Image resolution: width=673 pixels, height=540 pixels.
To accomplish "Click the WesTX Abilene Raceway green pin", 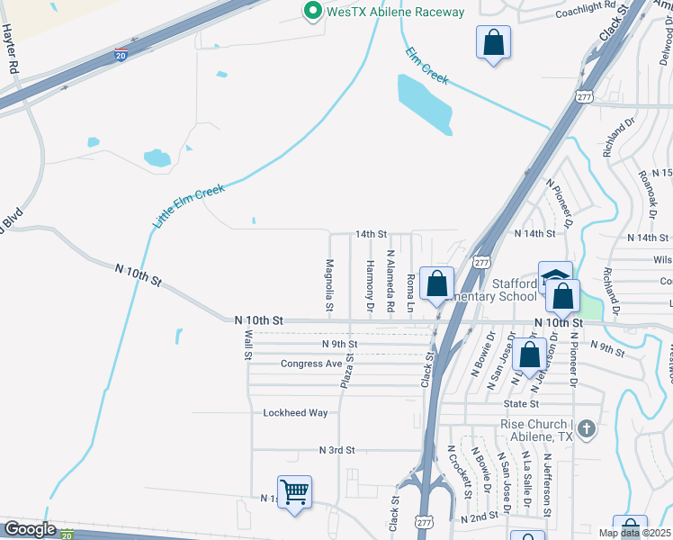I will (313, 12).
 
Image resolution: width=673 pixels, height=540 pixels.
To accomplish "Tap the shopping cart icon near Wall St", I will (294, 492).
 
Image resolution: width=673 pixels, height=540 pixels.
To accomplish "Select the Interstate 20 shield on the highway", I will (121, 55).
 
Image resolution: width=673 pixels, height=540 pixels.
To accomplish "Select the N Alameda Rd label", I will (390, 280).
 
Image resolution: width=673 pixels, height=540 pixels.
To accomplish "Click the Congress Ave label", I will (311, 364).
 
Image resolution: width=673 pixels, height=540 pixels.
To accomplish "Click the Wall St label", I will (248, 345).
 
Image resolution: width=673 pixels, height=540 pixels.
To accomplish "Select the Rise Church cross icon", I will (586, 427).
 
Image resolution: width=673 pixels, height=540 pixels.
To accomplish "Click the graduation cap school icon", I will (555, 275).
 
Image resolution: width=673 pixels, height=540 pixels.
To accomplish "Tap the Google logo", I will (30, 529).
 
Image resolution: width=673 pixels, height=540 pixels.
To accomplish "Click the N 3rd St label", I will (337, 449).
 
